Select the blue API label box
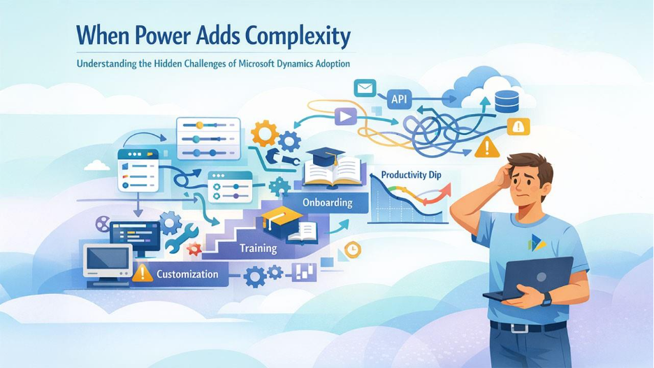399,99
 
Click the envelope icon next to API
365,88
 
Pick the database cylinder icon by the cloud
507,100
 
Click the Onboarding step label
328,203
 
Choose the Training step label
258,248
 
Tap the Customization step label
187,274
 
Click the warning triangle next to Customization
143,272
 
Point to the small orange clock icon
353,250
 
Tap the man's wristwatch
545,300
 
